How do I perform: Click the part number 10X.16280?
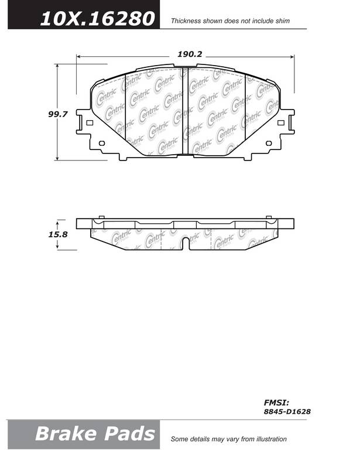(97, 18)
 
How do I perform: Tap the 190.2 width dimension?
(190, 54)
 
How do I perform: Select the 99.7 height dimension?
(57, 114)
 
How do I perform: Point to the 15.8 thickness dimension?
(57, 234)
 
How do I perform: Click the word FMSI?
(276, 403)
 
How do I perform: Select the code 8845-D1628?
(287, 411)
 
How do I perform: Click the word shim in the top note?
(282, 21)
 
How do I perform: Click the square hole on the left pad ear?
(90, 123)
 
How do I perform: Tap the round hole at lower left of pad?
(102, 143)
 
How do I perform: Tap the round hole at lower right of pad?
(269, 143)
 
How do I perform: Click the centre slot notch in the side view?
(186, 243)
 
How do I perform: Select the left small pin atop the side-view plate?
(101, 217)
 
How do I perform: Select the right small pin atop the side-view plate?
(269, 217)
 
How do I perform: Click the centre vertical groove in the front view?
(185, 111)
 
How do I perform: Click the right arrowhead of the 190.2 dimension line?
(292, 57)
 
